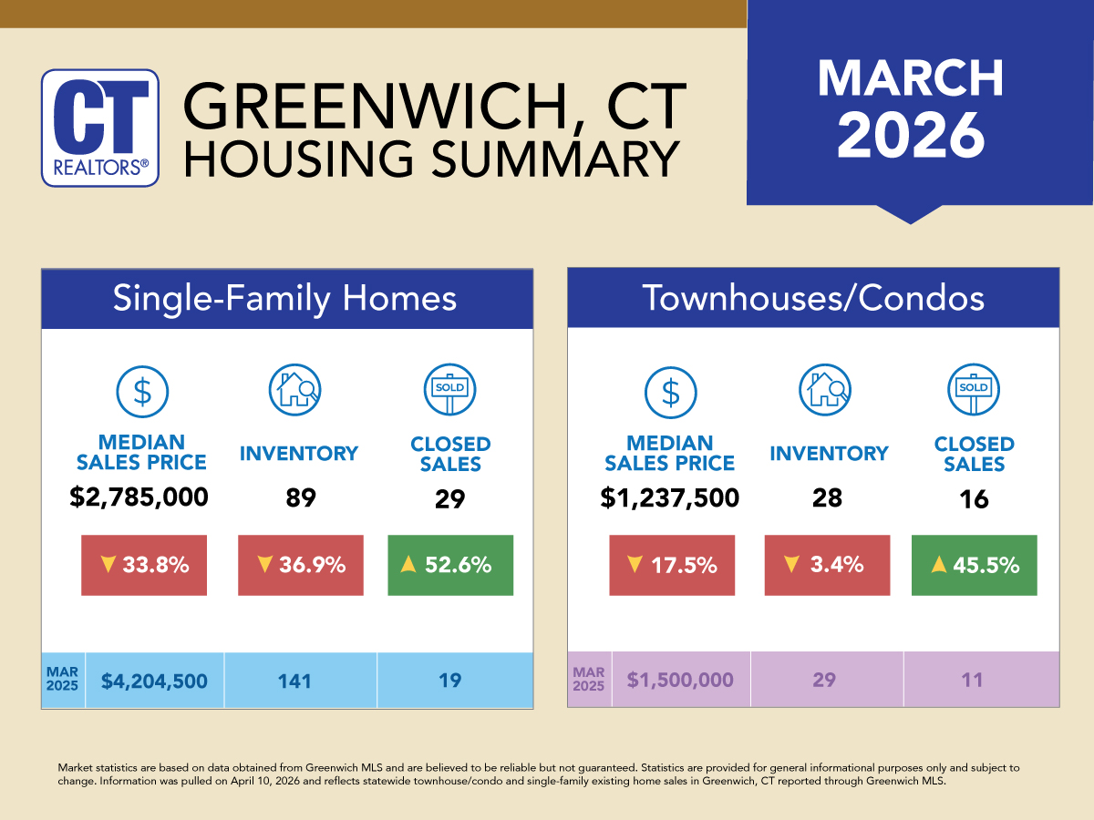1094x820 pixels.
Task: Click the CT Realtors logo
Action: (100, 128)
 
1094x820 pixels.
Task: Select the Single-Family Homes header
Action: (286, 299)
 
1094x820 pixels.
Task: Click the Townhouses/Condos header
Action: (813, 299)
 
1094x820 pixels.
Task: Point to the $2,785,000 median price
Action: (139, 498)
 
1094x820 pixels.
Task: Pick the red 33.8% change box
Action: (144, 565)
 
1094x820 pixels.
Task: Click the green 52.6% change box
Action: (450, 565)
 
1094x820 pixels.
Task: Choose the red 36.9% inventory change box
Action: (300, 565)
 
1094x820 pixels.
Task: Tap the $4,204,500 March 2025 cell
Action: (154, 681)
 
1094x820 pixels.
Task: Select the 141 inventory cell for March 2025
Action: (300, 681)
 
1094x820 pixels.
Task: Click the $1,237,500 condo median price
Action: (669, 498)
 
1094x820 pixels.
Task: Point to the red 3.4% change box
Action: (827, 565)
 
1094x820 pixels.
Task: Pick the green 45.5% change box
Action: (974, 565)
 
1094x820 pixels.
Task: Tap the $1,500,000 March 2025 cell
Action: (680, 681)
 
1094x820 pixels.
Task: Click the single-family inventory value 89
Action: (299, 498)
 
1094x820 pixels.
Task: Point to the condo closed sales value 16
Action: (974, 498)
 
